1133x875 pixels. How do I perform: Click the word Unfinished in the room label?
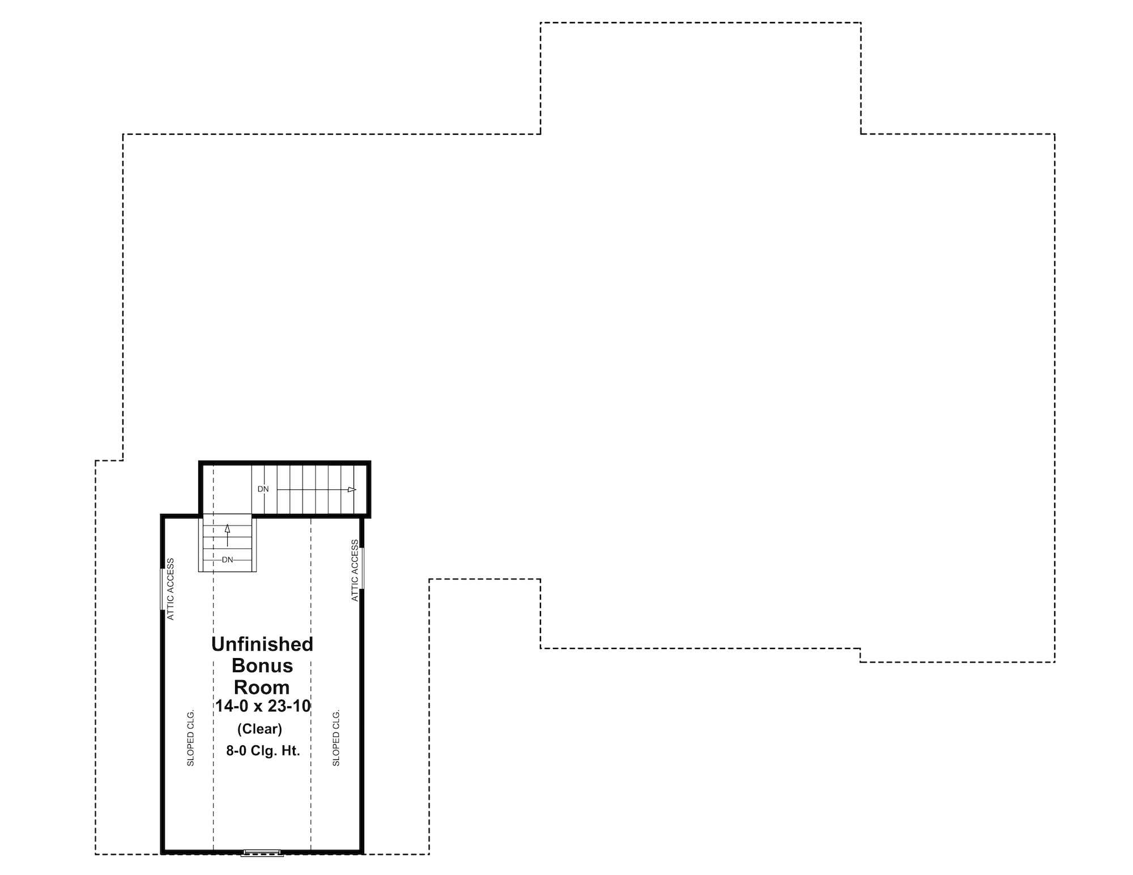pos(262,644)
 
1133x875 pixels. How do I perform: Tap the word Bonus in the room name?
pos(262,665)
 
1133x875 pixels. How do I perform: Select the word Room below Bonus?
pos(262,687)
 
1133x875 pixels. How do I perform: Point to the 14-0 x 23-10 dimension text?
pos(263,706)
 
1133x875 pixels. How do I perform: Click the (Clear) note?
pos(259,729)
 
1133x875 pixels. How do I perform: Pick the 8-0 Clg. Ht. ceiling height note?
pos(263,751)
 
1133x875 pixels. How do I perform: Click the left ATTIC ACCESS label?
pos(171,589)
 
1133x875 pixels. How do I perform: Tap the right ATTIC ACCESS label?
pos(355,570)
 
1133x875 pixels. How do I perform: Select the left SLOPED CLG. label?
pos(190,737)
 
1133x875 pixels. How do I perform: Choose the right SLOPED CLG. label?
pos(336,737)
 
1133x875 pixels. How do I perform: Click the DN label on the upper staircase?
pos(263,489)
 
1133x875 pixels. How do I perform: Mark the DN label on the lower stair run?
pos(227,560)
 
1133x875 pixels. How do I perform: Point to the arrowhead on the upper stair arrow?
pos(352,489)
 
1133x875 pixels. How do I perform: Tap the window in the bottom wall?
pos(262,852)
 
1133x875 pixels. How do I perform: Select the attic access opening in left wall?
pos(162,589)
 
